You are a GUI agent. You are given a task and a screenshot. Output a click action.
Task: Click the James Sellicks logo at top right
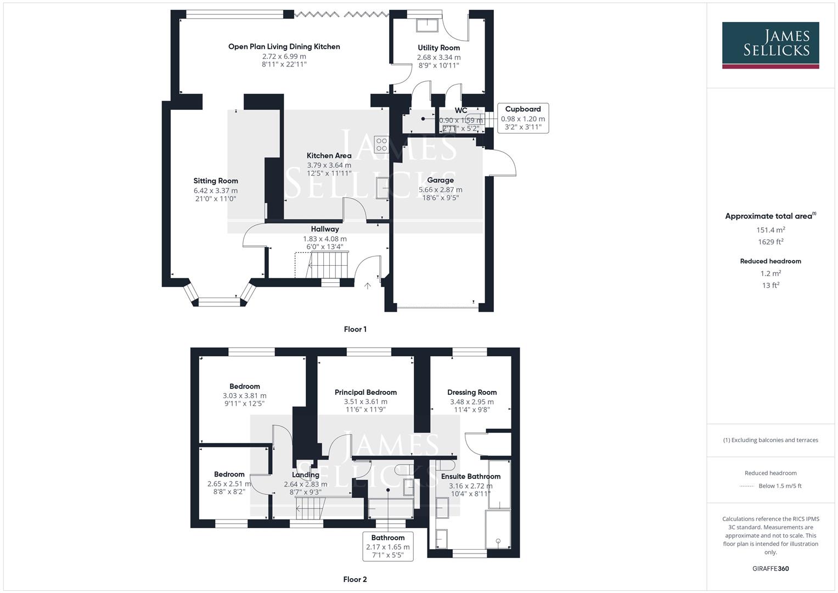point(770,45)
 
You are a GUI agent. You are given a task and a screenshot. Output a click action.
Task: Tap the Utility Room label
point(438,48)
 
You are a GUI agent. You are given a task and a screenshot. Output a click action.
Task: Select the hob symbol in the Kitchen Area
point(381,144)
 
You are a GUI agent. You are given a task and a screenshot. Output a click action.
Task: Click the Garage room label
point(440,180)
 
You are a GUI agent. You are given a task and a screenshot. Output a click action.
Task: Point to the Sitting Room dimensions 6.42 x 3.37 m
point(215,191)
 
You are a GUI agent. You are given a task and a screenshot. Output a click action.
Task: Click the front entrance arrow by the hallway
point(368,286)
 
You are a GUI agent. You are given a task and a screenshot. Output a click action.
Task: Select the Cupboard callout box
point(522,118)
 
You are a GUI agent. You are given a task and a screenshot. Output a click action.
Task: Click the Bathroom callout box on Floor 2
point(387,546)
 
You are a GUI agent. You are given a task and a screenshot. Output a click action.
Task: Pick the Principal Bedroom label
point(365,392)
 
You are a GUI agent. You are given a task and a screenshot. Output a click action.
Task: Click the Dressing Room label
point(471,392)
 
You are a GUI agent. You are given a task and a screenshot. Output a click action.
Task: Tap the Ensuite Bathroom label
point(470,477)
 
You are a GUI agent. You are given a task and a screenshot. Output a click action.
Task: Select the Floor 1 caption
point(355,329)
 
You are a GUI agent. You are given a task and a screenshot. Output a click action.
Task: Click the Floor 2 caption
point(355,579)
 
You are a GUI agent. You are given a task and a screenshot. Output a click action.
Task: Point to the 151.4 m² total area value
point(770,230)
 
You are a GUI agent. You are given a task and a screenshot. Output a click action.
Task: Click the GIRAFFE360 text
point(770,569)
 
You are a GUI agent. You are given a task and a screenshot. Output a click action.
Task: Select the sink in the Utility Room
point(426,25)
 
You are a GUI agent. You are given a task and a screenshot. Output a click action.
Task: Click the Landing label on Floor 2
point(305,475)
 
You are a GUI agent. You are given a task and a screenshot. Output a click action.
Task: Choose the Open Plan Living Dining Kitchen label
point(284,47)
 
